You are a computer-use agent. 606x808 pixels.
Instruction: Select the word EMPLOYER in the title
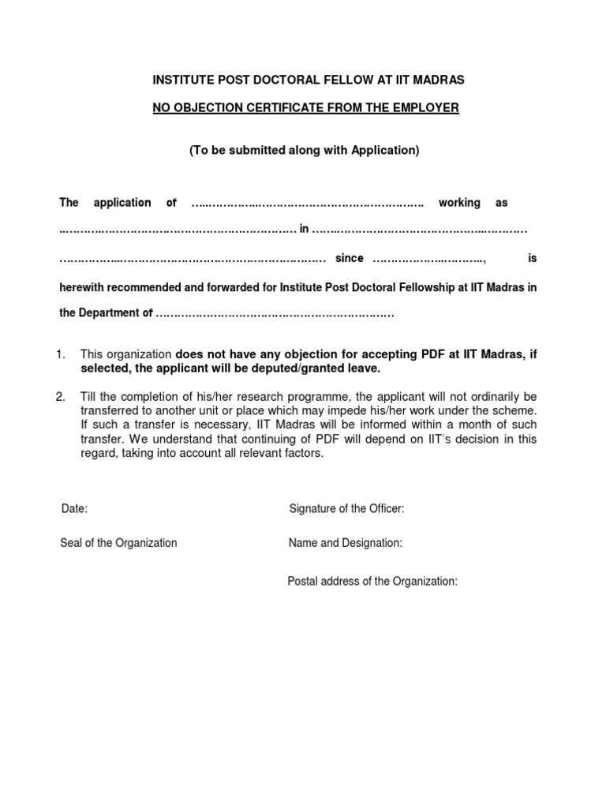(422, 108)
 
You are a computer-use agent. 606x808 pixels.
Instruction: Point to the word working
(459, 203)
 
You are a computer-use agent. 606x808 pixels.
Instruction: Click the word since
(350, 258)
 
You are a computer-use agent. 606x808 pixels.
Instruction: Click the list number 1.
(60, 355)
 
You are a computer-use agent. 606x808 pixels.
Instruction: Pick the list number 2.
(60, 396)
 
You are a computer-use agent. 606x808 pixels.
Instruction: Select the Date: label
(74, 509)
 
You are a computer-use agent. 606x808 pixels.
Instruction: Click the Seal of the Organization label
(118, 543)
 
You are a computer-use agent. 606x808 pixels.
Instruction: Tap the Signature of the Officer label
(346, 509)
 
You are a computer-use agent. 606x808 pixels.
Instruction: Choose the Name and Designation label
(346, 543)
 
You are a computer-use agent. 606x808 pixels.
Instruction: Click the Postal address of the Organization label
(372, 582)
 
